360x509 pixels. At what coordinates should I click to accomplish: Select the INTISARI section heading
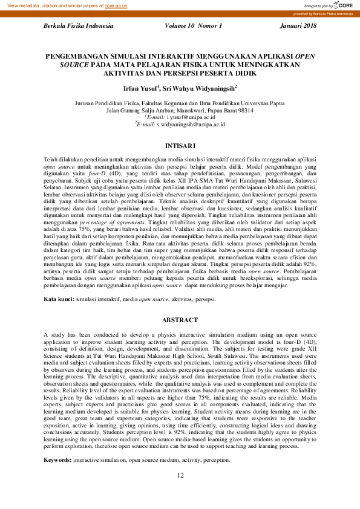[180, 146]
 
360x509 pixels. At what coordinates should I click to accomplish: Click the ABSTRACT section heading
[180, 320]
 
